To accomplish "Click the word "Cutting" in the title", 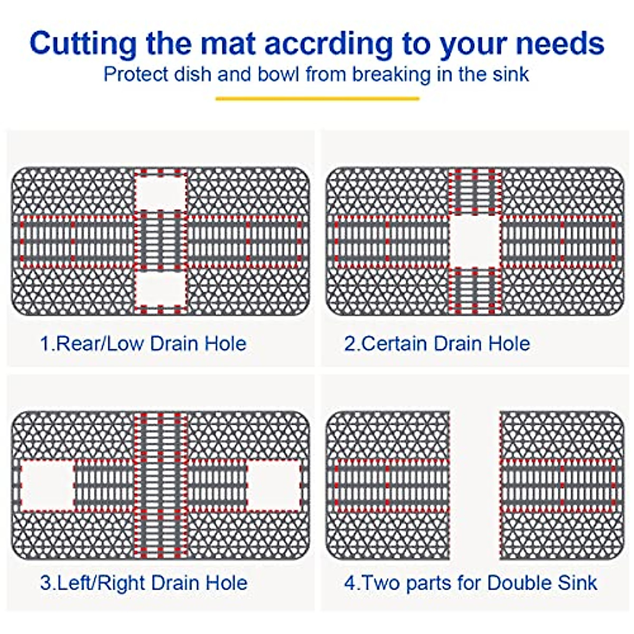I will point(83,43).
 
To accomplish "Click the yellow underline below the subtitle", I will point(317,98).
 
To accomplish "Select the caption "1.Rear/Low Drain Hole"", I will point(143,343).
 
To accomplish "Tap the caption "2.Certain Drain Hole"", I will point(437,343).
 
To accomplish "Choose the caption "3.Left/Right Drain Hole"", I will point(144,583).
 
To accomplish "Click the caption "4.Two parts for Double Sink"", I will point(470,583).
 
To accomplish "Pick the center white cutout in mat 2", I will point(475,241).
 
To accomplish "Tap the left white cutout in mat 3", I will point(48,485).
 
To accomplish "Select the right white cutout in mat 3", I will point(273,485).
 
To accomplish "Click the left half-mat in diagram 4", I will point(388,485).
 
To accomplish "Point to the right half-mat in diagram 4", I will point(562,485).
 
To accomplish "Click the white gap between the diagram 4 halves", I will point(475,485).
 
